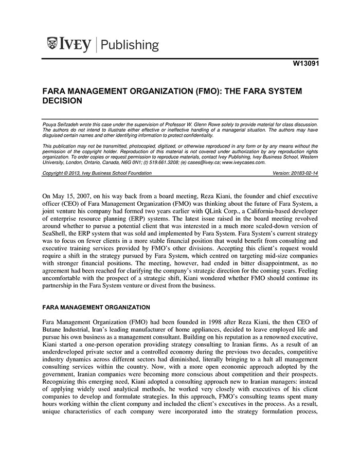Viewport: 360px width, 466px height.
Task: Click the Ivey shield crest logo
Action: (x=52, y=44)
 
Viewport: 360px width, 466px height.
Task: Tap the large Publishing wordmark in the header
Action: (x=130, y=45)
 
